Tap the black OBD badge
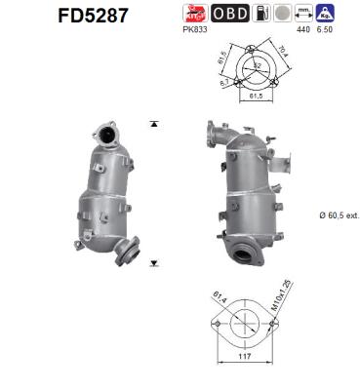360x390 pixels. [229, 13]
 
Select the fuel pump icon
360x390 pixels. [260, 13]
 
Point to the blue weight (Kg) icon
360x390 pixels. [330, 13]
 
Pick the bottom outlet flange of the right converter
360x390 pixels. [248, 252]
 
